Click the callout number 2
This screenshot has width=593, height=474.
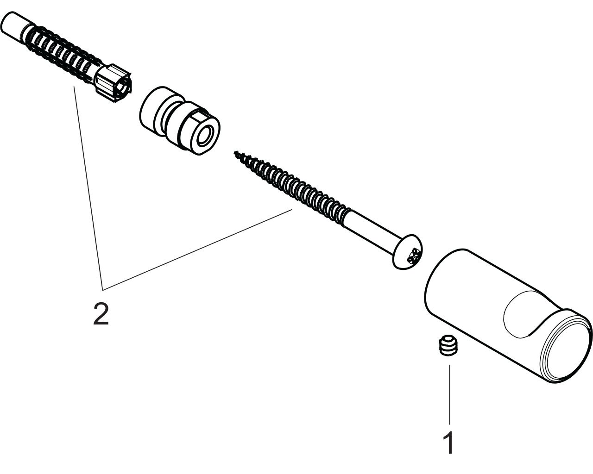[x=101, y=314]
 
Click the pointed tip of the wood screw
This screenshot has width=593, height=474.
[x=235, y=152]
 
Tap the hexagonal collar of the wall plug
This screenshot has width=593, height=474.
[x=114, y=83]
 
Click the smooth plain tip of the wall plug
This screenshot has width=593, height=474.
[x=14, y=24]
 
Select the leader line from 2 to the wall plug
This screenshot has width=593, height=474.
[x=88, y=188]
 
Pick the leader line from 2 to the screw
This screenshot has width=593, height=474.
[x=197, y=250]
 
